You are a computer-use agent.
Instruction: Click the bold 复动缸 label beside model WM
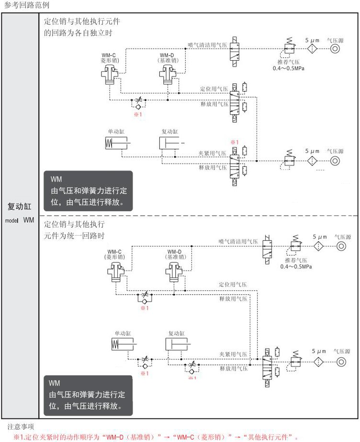click(x=20, y=207)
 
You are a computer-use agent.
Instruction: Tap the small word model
click(x=11, y=221)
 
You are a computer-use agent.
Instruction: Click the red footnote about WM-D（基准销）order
click(x=156, y=437)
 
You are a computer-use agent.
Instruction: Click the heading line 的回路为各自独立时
click(x=78, y=33)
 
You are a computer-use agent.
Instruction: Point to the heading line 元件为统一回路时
click(x=74, y=236)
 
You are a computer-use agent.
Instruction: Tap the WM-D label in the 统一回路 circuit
click(x=174, y=252)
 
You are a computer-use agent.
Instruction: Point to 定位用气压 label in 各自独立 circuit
click(x=214, y=89)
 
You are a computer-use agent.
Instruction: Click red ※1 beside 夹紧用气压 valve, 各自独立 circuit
click(x=234, y=142)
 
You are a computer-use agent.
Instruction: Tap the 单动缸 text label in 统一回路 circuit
click(x=123, y=333)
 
